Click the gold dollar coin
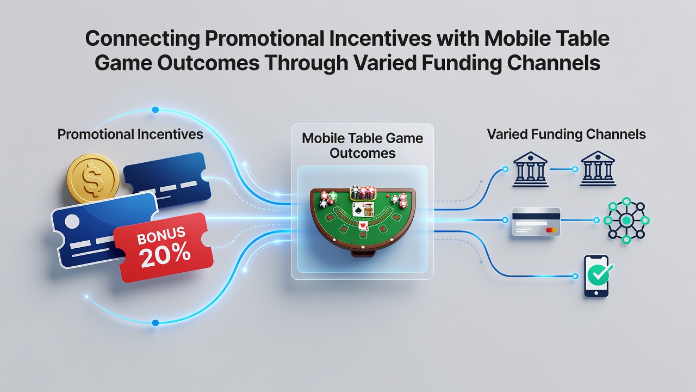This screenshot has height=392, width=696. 93,179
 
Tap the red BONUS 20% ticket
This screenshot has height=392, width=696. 164,247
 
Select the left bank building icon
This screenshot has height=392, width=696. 530,169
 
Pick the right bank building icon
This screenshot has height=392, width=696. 598,169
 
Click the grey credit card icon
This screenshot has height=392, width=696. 536,222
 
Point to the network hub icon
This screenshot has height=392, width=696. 626,220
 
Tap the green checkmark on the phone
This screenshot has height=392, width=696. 601,274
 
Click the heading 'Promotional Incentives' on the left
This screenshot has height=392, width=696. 130,134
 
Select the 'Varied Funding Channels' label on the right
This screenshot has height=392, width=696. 567,134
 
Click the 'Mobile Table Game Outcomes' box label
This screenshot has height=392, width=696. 362,145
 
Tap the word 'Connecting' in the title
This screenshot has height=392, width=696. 142,39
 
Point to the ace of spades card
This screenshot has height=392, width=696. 357,209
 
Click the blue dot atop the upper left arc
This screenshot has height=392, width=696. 156,110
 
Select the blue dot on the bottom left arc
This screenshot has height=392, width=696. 156,323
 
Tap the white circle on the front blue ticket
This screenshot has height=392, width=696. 72,222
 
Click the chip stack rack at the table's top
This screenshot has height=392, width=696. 363,193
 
